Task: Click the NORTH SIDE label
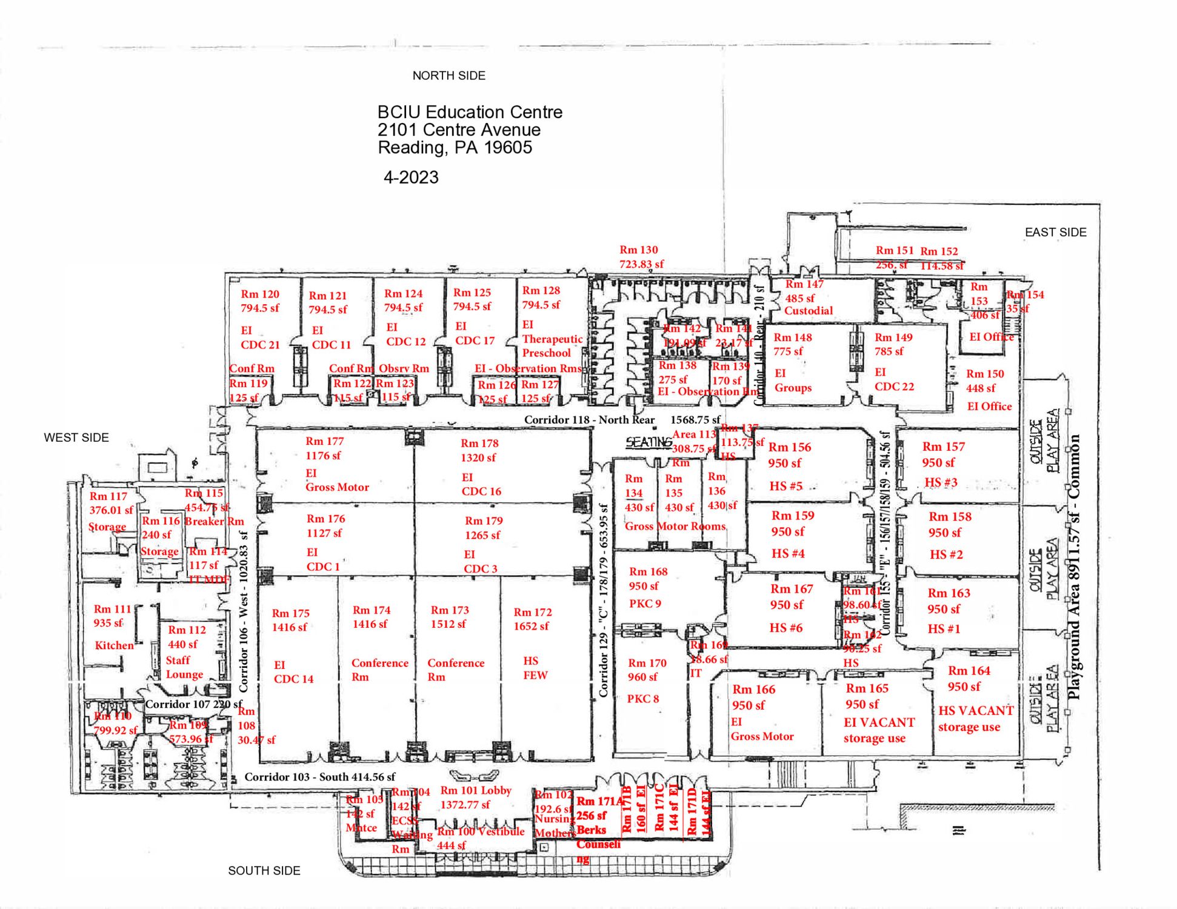click(x=448, y=76)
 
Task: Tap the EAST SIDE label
click(x=1055, y=232)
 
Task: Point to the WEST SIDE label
click(x=76, y=438)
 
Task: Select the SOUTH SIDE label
click(x=264, y=870)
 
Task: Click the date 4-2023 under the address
click(x=411, y=178)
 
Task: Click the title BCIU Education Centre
click(x=470, y=112)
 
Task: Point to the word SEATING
click(x=649, y=442)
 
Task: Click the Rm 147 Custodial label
click(x=808, y=298)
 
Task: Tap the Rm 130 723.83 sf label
click(x=641, y=257)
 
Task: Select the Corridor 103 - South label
click(x=319, y=777)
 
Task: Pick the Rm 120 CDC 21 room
click(x=260, y=319)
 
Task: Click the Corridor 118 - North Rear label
click(x=589, y=420)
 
